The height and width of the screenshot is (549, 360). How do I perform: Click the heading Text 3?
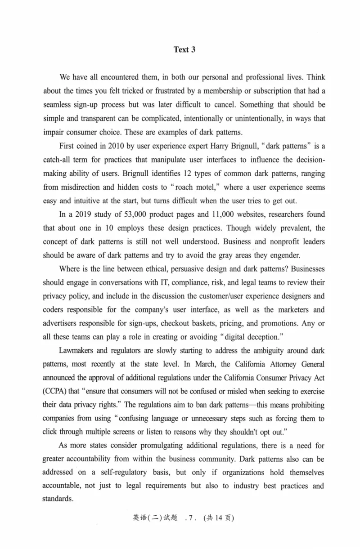click(184, 50)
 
